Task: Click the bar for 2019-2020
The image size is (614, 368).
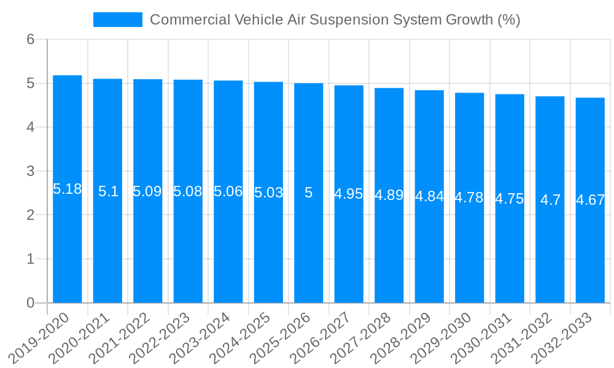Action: tap(68, 245)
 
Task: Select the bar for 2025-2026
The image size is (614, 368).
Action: tap(309, 245)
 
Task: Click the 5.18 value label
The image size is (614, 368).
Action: tap(68, 189)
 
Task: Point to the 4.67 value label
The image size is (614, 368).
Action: tap(590, 200)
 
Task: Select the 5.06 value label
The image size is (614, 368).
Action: tap(228, 191)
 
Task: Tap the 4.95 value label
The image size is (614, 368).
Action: tap(349, 194)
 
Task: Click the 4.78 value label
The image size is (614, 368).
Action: tap(469, 197)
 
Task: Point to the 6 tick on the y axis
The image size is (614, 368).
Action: tap(31, 39)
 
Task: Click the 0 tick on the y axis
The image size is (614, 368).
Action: tap(31, 303)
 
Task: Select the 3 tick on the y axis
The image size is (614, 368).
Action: tap(31, 171)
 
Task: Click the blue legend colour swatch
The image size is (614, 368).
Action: tap(118, 20)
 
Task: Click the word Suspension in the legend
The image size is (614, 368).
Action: tap(348, 20)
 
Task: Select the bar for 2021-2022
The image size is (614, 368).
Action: tap(148, 245)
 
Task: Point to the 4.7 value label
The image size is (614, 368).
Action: tap(550, 200)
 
